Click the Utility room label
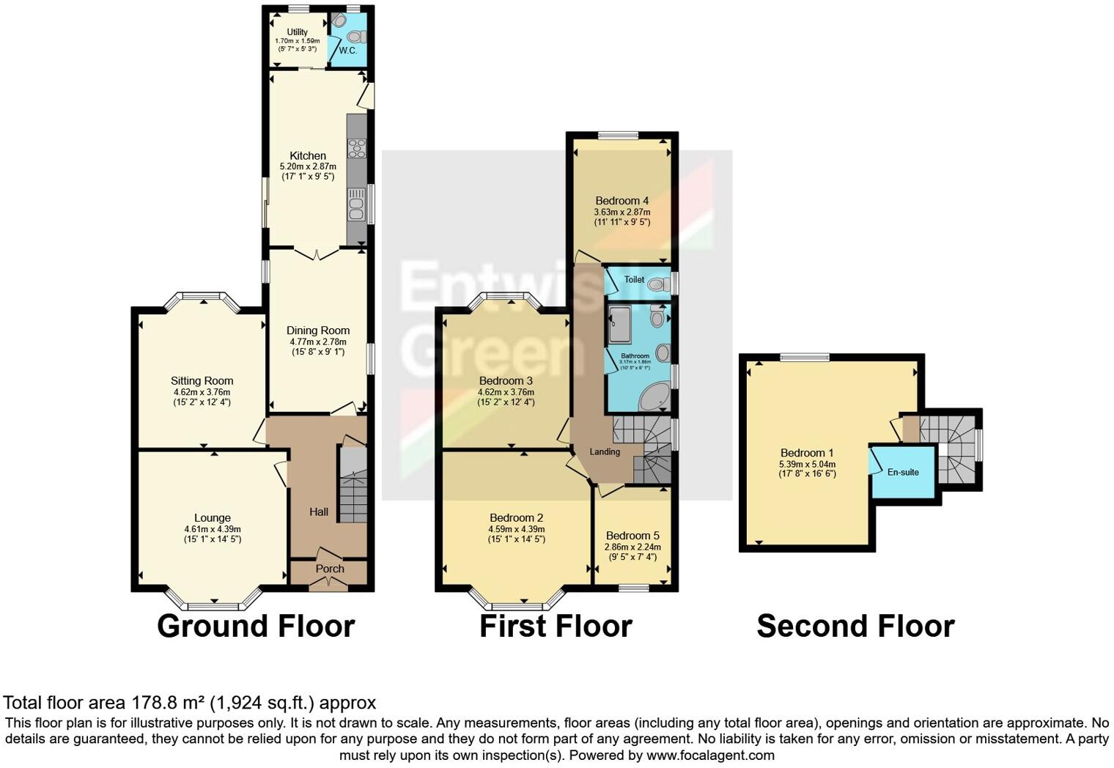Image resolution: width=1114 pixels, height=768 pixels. click(297, 32)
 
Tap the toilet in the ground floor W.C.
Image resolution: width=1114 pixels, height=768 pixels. click(357, 37)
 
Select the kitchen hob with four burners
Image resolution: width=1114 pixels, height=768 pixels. click(356, 148)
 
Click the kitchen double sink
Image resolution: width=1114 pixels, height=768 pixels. click(356, 204)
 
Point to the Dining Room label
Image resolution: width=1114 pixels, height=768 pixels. click(317, 331)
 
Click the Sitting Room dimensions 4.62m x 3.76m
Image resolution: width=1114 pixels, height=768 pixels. click(202, 392)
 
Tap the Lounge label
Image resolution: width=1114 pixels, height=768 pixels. click(213, 518)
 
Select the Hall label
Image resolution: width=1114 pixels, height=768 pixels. click(318, 512)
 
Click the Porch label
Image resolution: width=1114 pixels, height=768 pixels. click(330, 569)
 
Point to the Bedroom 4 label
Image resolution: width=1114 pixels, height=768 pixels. click(621, 201)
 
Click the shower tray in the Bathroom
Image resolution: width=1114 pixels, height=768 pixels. click(619, 325)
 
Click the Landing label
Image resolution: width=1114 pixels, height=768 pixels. click(605, 451)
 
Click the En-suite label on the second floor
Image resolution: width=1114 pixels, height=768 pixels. click(903, 472)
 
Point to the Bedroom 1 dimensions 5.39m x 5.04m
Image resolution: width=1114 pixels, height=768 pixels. click(806, 464)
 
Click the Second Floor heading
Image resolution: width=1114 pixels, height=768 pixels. click(855, 627)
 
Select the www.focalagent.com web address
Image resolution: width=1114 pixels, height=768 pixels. click(709, 755)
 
